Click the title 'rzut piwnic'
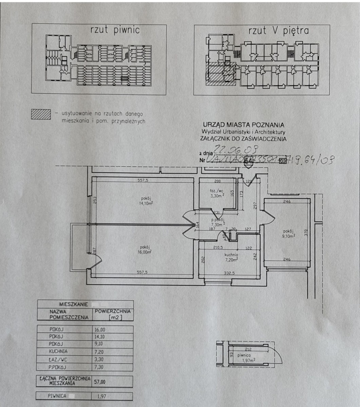tap(115, 30)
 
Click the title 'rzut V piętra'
tap(279, 31)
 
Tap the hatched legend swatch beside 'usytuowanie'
tap(41, 114)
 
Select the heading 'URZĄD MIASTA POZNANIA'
tap(243, 125)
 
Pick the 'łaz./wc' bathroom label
tap(216, 191)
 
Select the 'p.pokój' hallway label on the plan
tap(216, 219)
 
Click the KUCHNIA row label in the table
tap(58, 351)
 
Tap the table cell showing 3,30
tap(99, 359)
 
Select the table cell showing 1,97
tap(99, 395)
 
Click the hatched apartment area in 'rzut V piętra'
tap(217, 73)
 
